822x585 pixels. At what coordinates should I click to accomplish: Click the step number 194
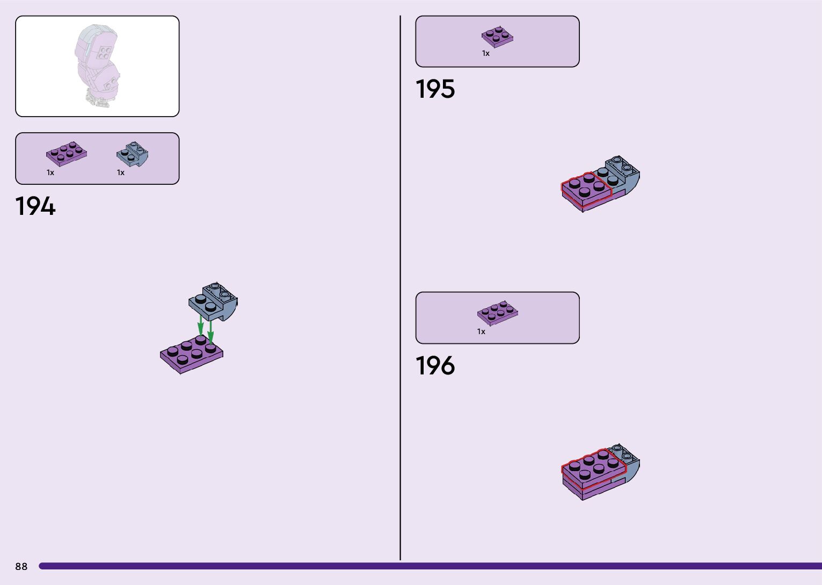click(35, 206)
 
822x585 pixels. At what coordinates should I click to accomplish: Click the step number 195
click(435, 89)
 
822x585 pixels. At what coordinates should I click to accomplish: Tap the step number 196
click(435, 366)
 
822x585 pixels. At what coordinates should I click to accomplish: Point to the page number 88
click(21, 566)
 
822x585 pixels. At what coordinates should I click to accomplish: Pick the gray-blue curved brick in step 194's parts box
click(132, 154)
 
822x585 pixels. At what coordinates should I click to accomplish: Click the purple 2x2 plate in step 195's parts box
click(497, 37)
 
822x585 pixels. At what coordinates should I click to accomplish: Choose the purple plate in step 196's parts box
click(497, 312)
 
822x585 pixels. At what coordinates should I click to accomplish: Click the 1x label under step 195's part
click(485, 53)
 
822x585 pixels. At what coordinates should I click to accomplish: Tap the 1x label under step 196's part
click(481, 331)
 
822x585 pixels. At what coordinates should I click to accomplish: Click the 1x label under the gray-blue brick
click(121, 172)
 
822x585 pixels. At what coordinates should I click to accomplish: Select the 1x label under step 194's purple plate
click(50, 172)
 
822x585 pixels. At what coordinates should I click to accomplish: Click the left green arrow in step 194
click(200, 324)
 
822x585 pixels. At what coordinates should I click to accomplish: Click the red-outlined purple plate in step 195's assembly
click(586, 188)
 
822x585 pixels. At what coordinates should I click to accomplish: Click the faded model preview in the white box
click(97, 66)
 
